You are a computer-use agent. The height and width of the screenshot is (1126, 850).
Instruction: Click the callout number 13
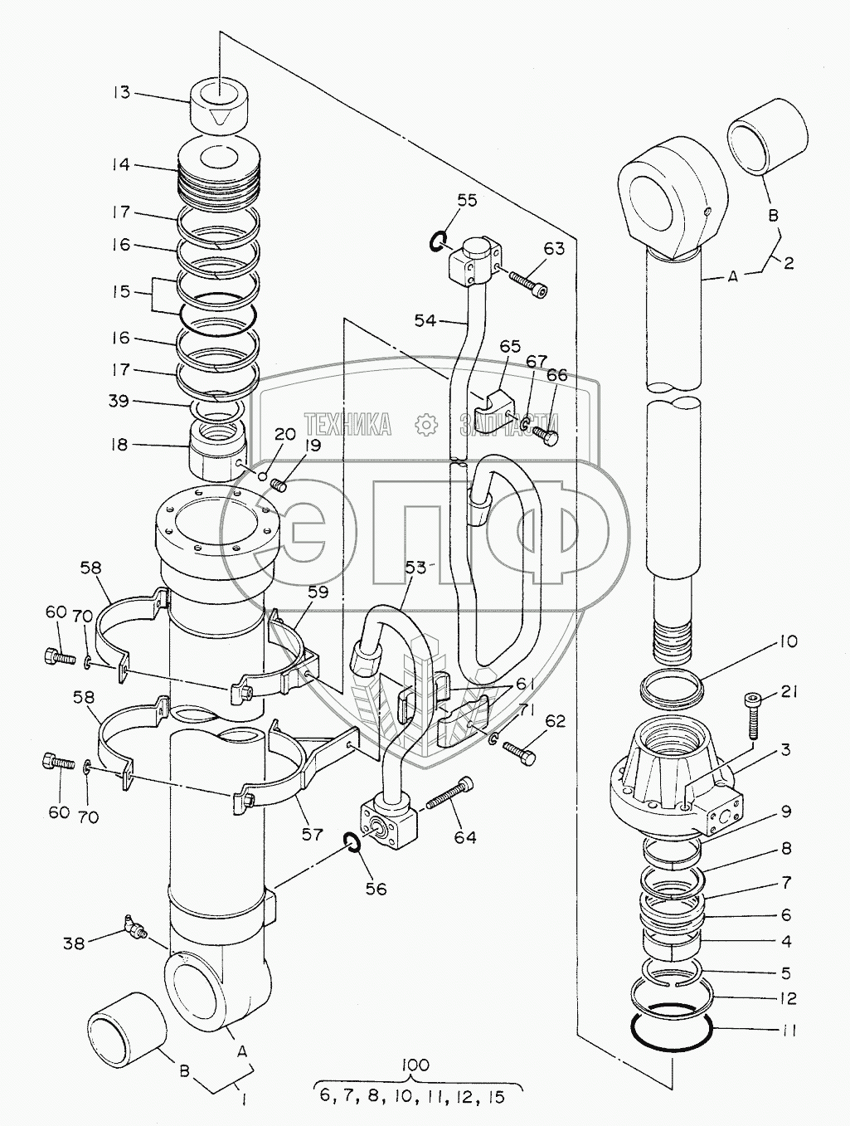coord(122,94)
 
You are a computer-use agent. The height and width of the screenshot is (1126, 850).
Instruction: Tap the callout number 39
coord(119,401)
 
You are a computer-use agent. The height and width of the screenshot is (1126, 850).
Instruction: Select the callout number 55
coord(467,201)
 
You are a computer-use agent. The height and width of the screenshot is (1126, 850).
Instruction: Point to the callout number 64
coord(465,837)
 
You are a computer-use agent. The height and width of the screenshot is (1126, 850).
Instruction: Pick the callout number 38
coord(74,943)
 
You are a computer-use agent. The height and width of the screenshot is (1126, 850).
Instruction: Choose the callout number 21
coord(789,693)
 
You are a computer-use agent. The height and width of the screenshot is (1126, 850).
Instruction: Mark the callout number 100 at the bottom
coord(415,1060)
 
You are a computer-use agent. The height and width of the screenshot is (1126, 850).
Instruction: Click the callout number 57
coord(312,835)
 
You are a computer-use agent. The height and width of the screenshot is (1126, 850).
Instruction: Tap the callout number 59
coord(318,592)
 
